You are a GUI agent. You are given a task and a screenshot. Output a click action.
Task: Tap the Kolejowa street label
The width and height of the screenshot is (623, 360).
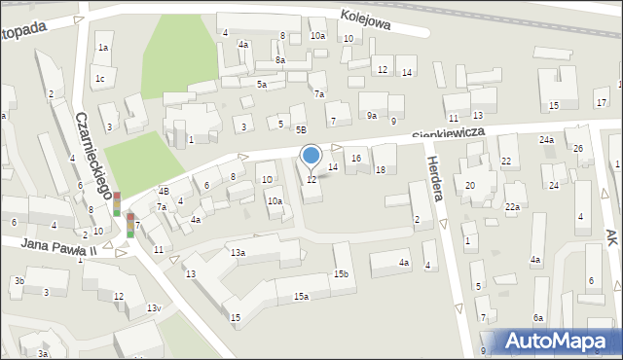(366, 20)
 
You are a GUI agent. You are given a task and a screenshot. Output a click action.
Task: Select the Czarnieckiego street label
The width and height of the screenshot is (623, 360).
(96, 157)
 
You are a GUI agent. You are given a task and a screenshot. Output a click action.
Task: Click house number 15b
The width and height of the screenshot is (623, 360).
(341, 274)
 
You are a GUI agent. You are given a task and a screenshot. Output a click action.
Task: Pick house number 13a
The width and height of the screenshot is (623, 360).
(238, 252)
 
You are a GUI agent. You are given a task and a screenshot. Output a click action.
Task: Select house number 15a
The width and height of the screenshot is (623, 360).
(302, 296)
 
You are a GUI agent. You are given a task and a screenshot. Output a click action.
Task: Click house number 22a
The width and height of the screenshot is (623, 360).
(512, 207)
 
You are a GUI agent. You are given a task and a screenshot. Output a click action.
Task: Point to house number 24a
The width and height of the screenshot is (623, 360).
(547, 140)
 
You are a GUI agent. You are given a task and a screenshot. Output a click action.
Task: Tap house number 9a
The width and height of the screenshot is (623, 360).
(372, 116)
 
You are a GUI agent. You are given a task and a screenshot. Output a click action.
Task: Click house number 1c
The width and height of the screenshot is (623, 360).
(100, 78)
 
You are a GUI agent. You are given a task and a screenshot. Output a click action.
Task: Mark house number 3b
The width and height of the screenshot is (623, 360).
(18, 281)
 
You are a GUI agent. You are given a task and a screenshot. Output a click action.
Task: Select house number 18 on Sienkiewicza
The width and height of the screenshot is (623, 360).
(381, 169)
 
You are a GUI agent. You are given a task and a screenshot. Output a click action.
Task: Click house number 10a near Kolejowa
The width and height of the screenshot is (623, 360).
(317, 36)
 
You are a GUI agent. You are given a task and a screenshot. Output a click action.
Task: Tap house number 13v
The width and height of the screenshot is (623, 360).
(153, 308)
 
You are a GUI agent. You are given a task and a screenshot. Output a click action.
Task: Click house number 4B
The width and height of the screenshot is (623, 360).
(165, 191)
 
